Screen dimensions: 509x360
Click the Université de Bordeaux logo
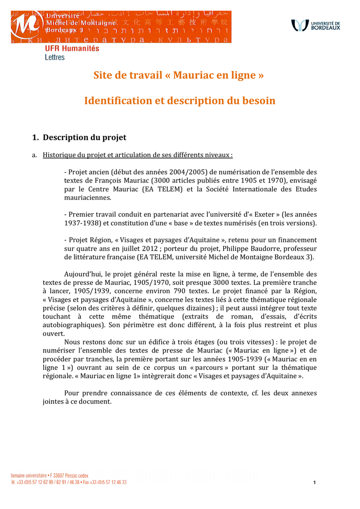(316, 25)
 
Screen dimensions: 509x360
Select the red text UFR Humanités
(72, 49)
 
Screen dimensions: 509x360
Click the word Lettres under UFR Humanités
(55, 57)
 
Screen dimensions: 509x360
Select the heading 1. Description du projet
(80, 137)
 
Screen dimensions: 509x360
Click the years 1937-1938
(82, 223)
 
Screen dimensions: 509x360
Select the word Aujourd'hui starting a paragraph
(84, 274)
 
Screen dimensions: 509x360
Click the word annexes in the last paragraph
(302, 393)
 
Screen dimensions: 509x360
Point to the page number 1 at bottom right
(315, 483)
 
